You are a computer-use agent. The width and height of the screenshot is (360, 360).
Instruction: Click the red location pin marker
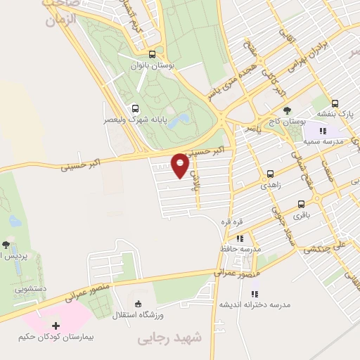click(x=180, y=165)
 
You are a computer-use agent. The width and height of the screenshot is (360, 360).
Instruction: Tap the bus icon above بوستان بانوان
click(x=153, y=55)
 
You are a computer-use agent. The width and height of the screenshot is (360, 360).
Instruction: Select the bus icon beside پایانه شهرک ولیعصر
click(x=135, y=108)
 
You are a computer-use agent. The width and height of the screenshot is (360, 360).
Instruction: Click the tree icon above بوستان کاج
click(x=287, y=110)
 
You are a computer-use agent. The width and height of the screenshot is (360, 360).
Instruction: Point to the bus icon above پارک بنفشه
click(x=335, y=102)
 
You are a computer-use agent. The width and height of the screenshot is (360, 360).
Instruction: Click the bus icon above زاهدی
click(x=270, y=173)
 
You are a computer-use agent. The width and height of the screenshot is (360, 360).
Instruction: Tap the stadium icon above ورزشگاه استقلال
click(x=138, y=303)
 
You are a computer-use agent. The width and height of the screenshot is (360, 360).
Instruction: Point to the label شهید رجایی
click(x=168, y=339)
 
